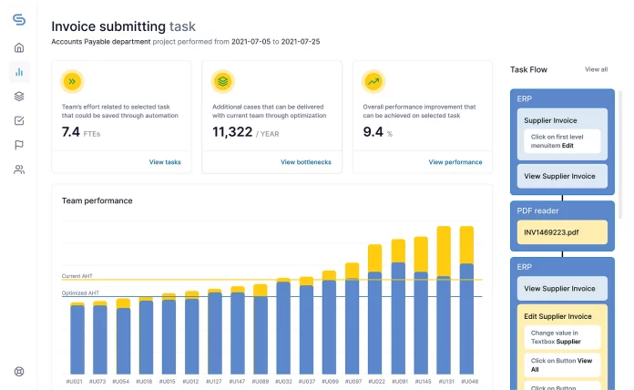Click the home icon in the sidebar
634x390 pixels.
(x=19, y=47)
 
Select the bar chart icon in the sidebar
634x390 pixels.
(x=19, y=71)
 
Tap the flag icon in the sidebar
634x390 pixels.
(x=19, y=145)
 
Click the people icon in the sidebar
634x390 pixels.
(x=19, y=169)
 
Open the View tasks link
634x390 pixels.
(x=165, y=162)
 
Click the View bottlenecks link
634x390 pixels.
(x=305, y=162)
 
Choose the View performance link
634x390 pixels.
(x=456, y=162)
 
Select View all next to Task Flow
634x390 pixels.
(x=596, y=69)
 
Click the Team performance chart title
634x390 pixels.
(x=97, y=200)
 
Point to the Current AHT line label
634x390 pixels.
(x=77, y=275)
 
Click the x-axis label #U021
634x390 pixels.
(x=77, y=381)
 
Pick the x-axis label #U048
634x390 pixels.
(x=466, y=381)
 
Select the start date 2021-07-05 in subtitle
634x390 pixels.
(x=257, y=42)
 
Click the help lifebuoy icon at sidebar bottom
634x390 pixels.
(x=19, y=372)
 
